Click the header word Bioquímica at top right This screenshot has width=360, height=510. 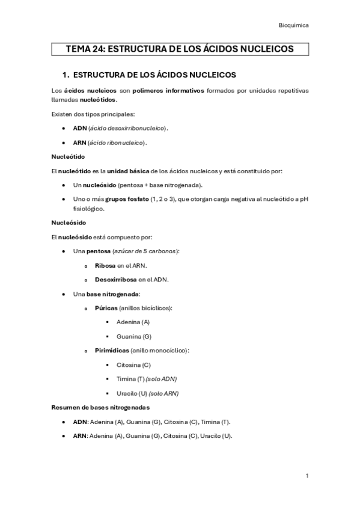[294, 25]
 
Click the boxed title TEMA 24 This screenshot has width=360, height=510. [180, 49]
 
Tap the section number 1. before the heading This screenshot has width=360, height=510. [67, 75]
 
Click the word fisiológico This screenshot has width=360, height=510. [88, 209]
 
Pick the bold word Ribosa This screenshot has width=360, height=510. [105, 265]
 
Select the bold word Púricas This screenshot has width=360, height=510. [106, 308]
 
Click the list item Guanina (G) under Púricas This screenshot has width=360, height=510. [134, 336]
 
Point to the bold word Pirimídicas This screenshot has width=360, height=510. [111, 350]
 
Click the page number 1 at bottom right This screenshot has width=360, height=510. [307, 476]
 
